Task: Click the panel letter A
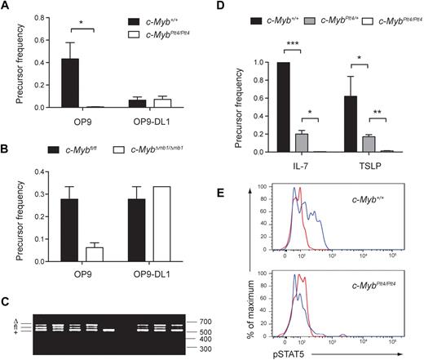(6, 9)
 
